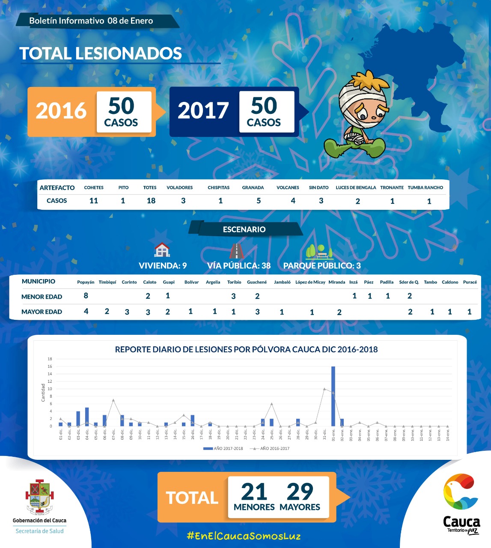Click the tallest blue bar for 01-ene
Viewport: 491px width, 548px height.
333,396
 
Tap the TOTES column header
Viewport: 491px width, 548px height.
150,188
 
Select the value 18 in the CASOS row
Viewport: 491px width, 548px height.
151,201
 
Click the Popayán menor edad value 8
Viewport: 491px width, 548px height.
86,295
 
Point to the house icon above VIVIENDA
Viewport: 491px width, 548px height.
162,250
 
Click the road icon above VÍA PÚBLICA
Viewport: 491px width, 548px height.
236,250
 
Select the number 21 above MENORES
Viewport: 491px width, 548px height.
254,492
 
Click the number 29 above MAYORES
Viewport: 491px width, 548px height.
300,492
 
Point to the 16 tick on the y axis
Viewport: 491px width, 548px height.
50,366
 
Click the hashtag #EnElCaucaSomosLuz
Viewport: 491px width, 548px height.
244,536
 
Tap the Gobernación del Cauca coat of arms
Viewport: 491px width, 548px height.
39,497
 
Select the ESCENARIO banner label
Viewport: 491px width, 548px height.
244,229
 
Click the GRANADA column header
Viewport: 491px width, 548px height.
253,188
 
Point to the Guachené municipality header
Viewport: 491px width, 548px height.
257,282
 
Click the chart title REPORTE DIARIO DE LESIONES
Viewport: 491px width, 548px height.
246,349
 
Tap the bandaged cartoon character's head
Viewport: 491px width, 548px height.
364,98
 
